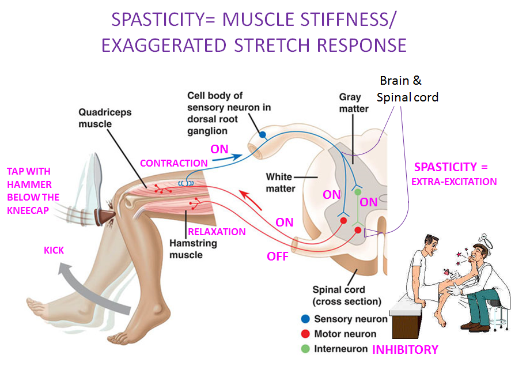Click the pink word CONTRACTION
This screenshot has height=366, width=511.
tap(173, 163)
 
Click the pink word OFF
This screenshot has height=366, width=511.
tap(277, 256)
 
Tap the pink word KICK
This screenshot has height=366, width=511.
tap(55, 251)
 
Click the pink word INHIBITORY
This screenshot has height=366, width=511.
tap(405, 349)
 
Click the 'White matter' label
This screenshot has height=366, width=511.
tap(281, 182)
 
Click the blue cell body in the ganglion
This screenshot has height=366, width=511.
tap(263, 135)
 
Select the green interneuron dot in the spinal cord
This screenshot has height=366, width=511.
tap(357, 191)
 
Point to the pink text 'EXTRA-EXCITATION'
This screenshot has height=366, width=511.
tap(455, 182)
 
